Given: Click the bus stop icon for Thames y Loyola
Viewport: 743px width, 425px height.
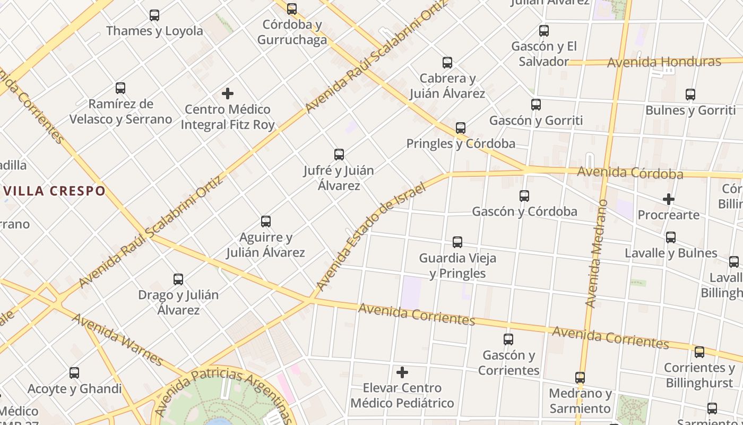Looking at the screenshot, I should point(154,15).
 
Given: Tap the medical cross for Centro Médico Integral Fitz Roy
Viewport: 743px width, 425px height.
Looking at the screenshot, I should point(228,93).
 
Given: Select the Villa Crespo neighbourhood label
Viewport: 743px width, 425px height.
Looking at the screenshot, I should point(54,191).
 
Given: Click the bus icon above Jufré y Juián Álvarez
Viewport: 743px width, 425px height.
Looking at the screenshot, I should point(339,155).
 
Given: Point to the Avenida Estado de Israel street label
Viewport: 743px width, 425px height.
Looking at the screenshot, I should point(371,236).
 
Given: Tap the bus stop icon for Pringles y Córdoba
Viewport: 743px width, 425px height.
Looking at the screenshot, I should point(461,128).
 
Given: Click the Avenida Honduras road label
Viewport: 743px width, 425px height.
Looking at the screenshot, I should point(664,62).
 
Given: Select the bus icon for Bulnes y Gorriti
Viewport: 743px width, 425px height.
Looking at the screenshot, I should point(690,95).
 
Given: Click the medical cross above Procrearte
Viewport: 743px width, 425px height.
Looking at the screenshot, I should point(669,200).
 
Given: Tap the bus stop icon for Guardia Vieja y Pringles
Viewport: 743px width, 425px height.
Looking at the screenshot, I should point(457,242).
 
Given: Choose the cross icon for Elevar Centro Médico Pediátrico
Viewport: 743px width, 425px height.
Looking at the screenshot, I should point(402,372).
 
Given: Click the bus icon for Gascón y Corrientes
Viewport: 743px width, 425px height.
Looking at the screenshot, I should point(508,339).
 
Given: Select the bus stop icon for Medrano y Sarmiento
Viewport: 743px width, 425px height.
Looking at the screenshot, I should point(580,378).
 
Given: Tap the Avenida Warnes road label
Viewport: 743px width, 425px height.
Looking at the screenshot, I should point(117,339).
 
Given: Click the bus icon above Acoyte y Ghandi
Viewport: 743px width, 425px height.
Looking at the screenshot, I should point(74,373).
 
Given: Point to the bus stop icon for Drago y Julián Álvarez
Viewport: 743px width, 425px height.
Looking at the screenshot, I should point(178,279).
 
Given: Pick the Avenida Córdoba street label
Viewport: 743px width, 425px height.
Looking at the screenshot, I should point(630,173).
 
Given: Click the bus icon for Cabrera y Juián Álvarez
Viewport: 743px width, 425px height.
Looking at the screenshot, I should point(447,63).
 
